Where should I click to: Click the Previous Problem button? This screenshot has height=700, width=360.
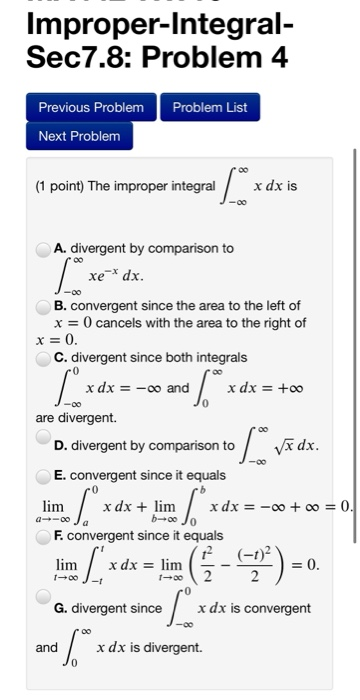91,107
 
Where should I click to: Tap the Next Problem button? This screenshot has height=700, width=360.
79,135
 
